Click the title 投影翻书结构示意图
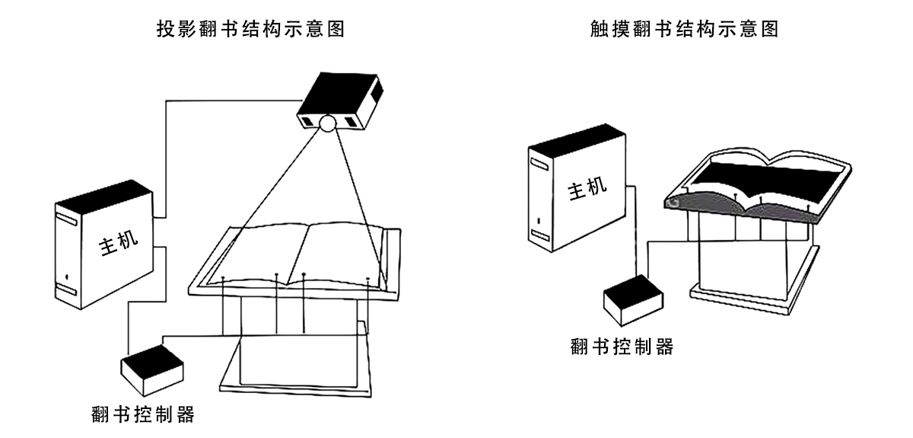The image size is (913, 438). [250, 30]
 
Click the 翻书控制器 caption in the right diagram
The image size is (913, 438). [622, 347]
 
